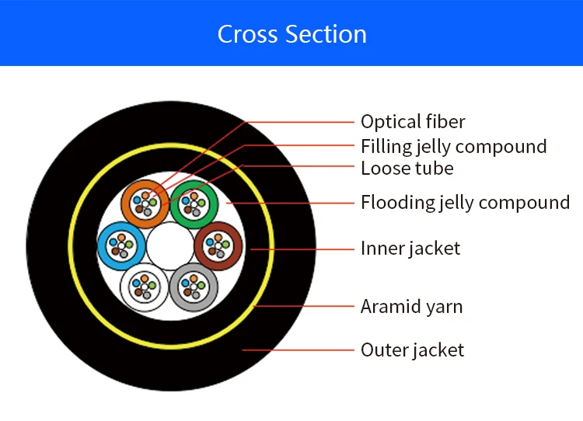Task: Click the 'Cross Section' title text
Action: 291,34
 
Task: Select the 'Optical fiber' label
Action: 413,122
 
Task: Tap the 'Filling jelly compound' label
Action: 453,146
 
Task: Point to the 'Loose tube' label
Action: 407,168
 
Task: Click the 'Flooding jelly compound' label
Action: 465,203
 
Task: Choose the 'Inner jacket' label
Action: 410,249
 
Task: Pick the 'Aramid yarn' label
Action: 411,307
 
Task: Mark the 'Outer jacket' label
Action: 412,350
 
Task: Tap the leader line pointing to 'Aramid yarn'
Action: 303,307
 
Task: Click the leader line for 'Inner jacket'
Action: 311,249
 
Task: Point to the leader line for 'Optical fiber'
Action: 303,122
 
